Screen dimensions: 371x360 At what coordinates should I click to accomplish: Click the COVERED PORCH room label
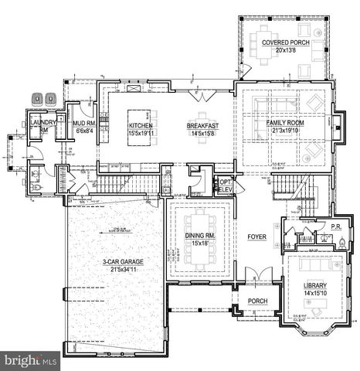(x=285, y=42)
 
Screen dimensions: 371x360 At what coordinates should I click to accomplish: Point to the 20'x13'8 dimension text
(x=285, y=50)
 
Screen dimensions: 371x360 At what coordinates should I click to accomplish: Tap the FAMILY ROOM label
(x=287, y=123)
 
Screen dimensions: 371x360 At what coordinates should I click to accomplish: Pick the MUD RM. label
(x=83, y=123)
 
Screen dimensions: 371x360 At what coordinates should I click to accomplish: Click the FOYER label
(x=256, y=237)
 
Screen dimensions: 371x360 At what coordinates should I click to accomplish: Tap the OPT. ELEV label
(x=226, y=185)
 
